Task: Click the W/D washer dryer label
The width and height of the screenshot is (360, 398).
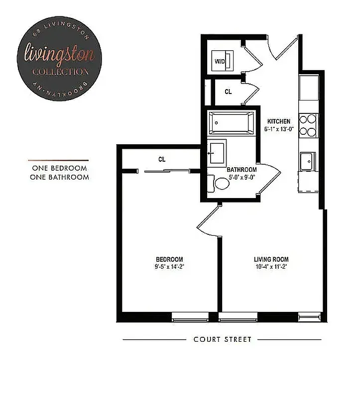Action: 220,61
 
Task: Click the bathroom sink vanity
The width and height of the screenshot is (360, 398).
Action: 218,152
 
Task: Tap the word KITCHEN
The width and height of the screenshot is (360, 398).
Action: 278,121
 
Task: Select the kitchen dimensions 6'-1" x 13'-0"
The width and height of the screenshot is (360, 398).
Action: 278,128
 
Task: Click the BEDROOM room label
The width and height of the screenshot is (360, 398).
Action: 169,259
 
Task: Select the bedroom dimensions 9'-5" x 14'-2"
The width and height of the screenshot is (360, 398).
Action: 169,266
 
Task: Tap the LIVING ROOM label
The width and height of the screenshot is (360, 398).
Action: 271,259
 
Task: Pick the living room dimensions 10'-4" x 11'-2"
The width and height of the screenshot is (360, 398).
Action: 271,266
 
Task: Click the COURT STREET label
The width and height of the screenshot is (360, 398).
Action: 222,340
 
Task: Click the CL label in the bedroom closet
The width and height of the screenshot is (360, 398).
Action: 161,159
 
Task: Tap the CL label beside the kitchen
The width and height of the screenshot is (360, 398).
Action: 228,92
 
